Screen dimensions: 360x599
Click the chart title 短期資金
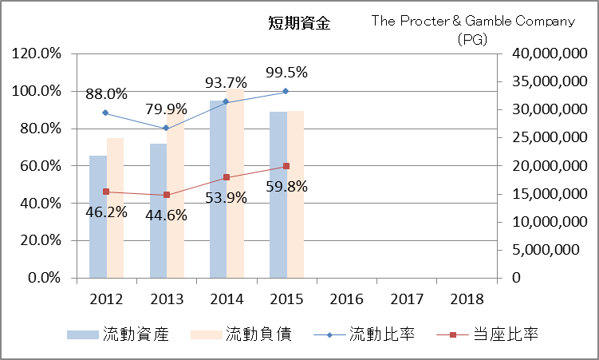click(299, 23)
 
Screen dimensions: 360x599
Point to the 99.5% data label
click(286, 72)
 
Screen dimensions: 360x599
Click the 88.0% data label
click(106, 94)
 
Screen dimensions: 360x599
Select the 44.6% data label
click(167, 214)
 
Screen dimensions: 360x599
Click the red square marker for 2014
click(227, 177)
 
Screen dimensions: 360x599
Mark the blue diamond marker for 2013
click(166, 129)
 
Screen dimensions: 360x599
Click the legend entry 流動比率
click(382, 334)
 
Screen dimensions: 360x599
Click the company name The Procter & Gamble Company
click(473, 22)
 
